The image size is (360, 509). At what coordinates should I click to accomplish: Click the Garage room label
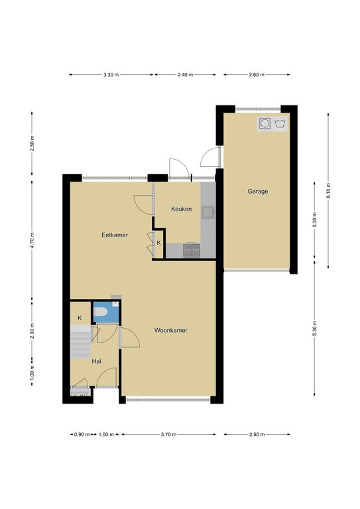click(x=258, y=191)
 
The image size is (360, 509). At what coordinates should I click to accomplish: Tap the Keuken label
click(x=181, y=209)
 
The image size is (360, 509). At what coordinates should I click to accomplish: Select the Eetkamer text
click(x=115, y=235)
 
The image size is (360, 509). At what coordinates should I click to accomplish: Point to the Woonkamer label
click(x=171, y=331)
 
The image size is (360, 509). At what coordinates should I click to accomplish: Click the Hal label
click(x=96, y=361)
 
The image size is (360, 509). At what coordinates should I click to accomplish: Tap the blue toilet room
click(x=107, y=312)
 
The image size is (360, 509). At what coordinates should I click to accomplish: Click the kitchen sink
click(x=208, y=212)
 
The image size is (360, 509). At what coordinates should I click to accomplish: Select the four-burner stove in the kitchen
click(x=192, y=251)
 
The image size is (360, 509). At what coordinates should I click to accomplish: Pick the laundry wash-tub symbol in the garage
click(x=280, y=123)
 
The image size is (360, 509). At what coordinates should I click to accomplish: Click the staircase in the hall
click(x=80, y=342)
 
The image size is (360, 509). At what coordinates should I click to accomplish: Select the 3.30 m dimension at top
click(x=111, y=75)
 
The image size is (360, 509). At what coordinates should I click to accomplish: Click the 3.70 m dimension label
click(x=168, y=434)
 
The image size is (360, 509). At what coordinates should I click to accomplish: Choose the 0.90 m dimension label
click(x=82, y=434)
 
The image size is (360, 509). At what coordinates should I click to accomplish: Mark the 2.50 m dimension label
click(x=32, y=143)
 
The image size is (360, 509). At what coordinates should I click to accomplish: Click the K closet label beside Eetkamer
click(x=158, y=243)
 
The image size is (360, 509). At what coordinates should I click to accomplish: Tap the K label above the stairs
click(x=80, y=318)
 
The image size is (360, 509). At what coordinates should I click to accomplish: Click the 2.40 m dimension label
click(x=185, y=75)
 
